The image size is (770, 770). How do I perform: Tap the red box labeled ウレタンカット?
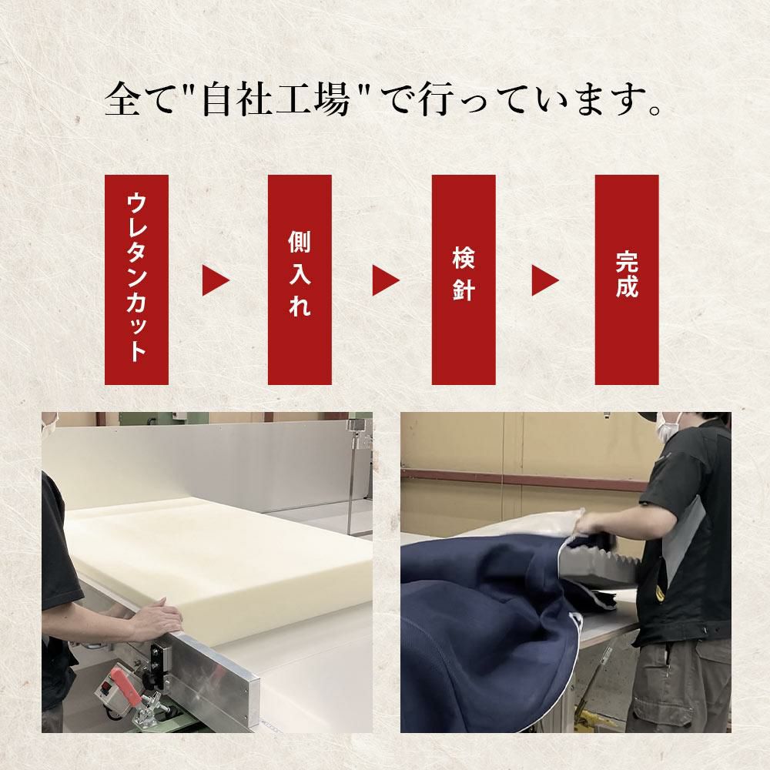pyautogui.click(x=136, y=280)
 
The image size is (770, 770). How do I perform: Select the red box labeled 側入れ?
pyautogui.click(x=300, y=280)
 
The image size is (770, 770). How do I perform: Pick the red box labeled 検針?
pyautogui.click(x=464, y=280)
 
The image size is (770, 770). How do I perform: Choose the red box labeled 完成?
pyautogui.click(x=627, y=280)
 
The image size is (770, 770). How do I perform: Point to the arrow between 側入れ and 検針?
pyautogui.click(x=386, y=281)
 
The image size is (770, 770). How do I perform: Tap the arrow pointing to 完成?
pyautogui.click(x=545, y=281)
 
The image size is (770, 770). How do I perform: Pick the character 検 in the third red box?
pyautogui.click(x=464, y=259)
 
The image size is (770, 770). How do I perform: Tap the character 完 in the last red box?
pyautogui.click(x=627, y=263)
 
